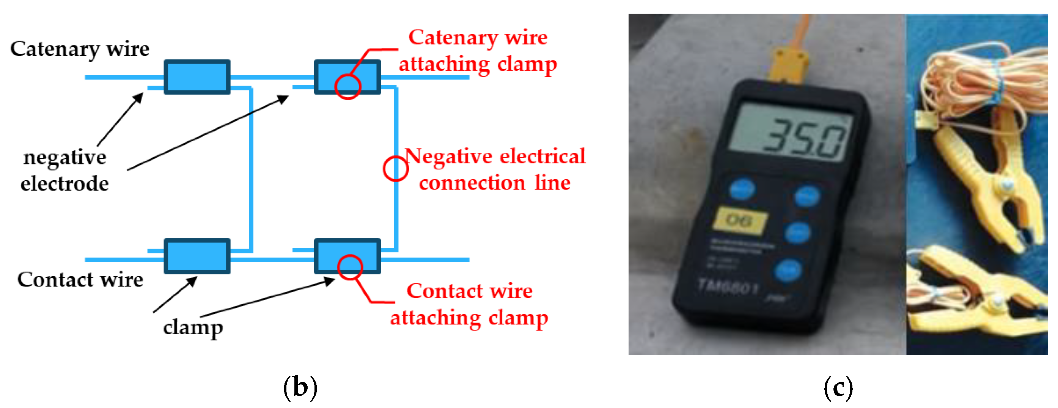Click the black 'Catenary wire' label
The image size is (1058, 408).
(x=79, y=49)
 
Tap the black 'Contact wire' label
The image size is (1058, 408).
(x=80, y=280)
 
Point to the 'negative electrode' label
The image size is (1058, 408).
(x=64, y=170)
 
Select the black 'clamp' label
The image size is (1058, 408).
(x=193, y=328)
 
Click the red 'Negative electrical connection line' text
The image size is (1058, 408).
(x=495, y=169)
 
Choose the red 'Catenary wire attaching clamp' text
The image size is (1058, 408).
(x=478, y=50)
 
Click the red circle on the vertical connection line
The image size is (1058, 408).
(x=396, y=169)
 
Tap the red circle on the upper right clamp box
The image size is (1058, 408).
(x=347, y=86)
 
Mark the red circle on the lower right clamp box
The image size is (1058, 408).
(x=349, y=267)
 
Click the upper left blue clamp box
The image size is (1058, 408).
(x=197, y=77)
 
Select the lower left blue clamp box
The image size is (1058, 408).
(x=197, y=256)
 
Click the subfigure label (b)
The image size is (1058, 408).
(x=300, y=387)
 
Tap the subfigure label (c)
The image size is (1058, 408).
(x=838, y=387)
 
